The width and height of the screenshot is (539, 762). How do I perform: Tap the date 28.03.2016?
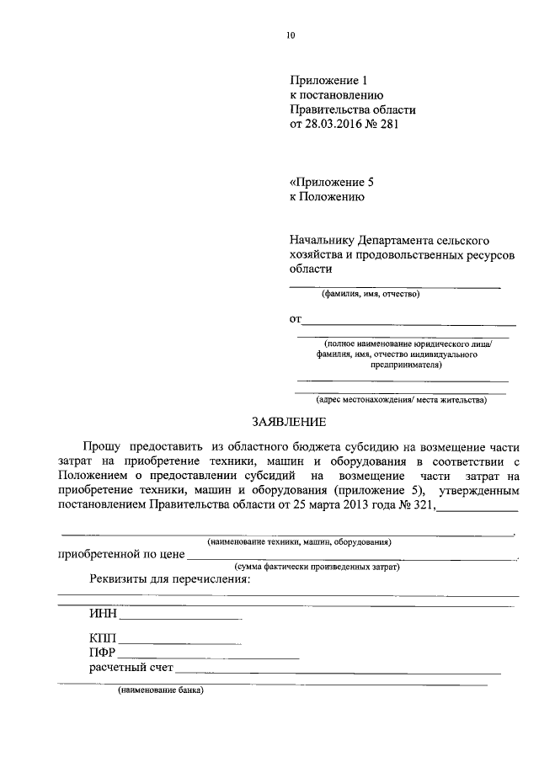coord(335,125)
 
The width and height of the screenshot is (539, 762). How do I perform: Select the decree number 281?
coord(386,125)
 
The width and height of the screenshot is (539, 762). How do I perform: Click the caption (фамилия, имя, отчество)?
coord(370,294)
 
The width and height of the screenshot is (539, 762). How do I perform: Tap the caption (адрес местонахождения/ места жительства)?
coord(401,399)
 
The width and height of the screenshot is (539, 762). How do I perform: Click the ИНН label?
coord(105,615)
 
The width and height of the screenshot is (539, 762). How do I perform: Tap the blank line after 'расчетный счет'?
coord(337,672)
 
